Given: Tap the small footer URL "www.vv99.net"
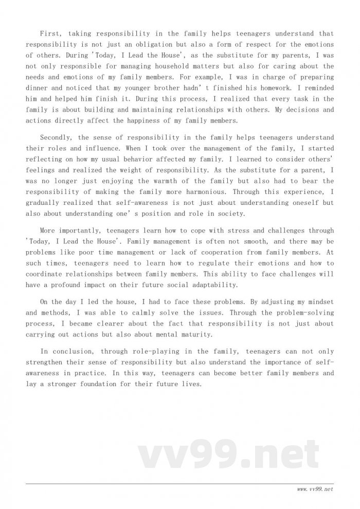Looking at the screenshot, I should tap(315, 490).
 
